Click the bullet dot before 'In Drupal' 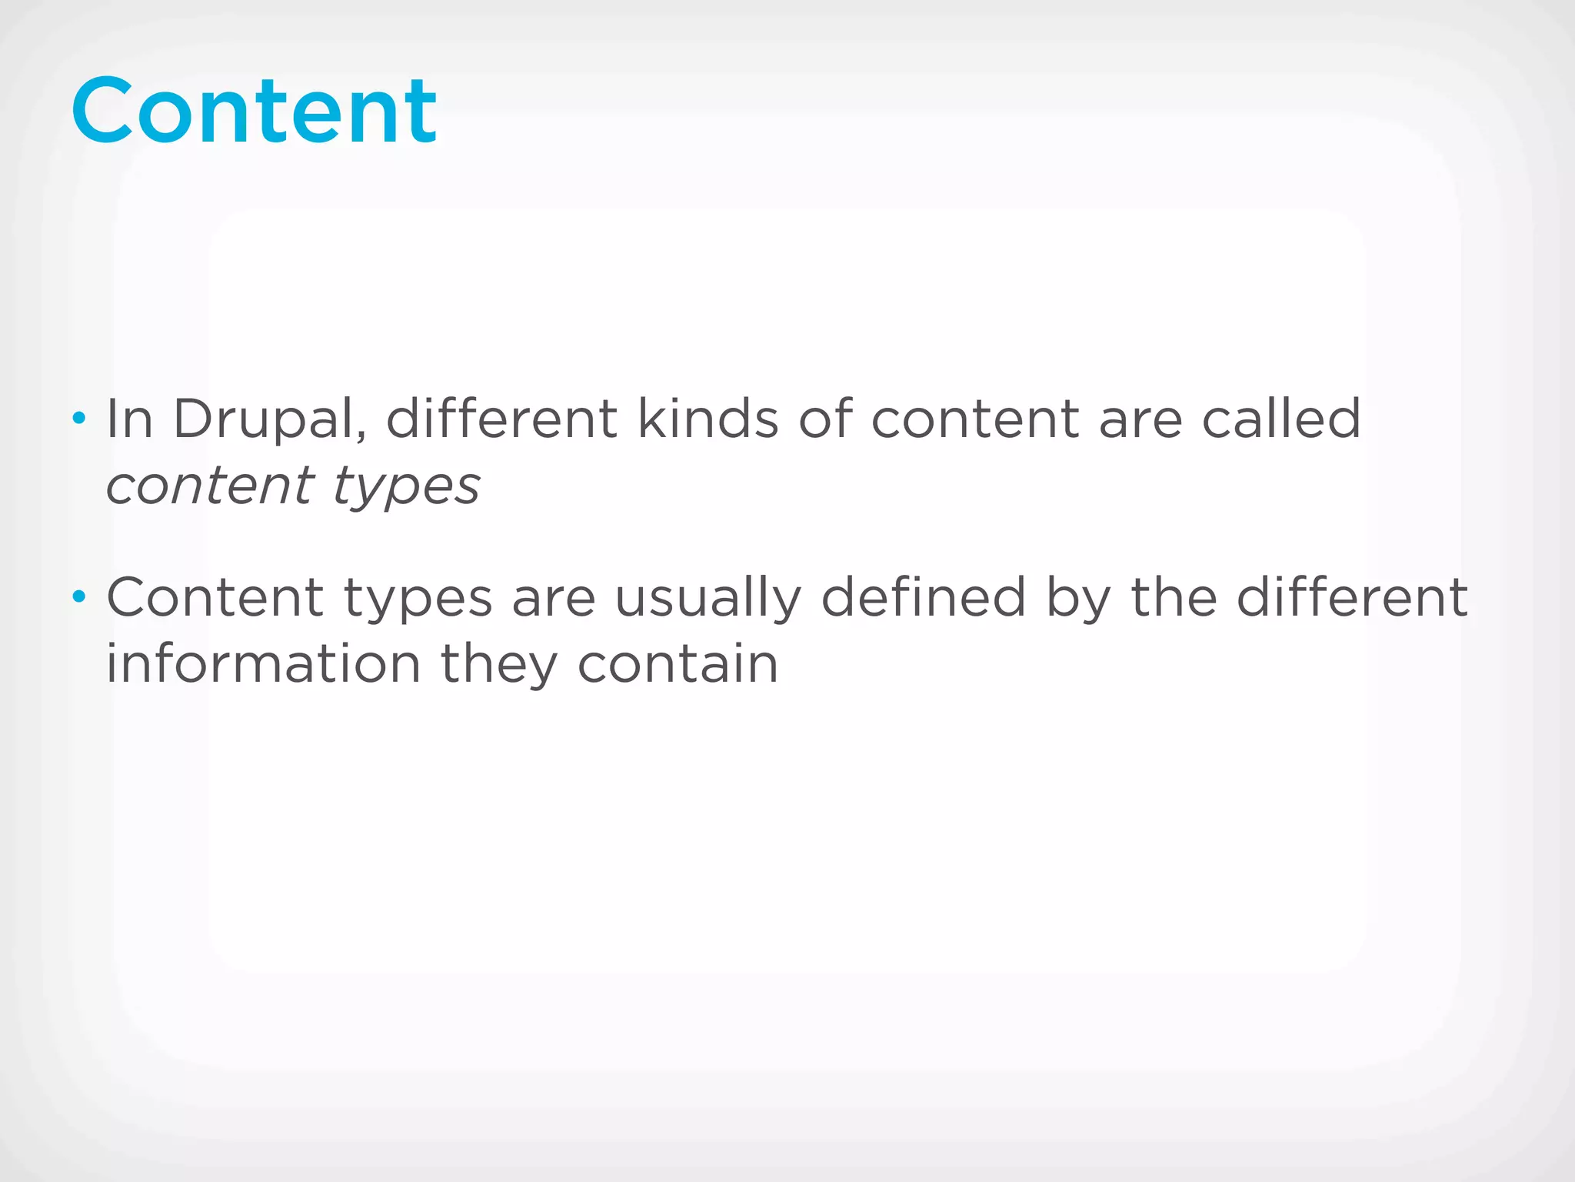tap(78, 419)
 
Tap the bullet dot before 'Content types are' tap(78, 596)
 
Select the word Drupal tap(265, 419)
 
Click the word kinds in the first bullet tap(708, 419)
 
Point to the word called tap(1281, 419)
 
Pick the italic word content tap(210, 486)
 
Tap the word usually tap(708, 599)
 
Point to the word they tap(498, 666)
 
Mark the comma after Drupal tap(361, 437)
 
